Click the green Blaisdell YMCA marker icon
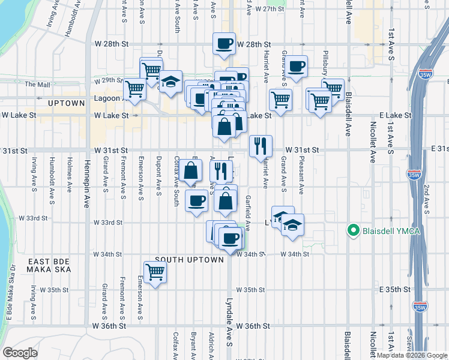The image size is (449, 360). tap(354, 230)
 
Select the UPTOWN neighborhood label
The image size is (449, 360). tap(66, 103)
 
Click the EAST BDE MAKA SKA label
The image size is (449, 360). tap(49, 265)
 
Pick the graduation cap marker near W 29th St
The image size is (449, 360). tap(171, 83)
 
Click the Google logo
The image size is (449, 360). tap(21, 353)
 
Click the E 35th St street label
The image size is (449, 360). tap(396, 289)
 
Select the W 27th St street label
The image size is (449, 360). tap(269, 10)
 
